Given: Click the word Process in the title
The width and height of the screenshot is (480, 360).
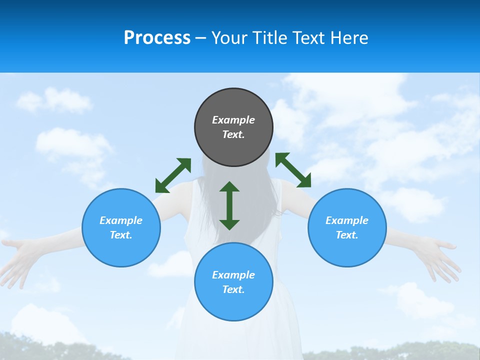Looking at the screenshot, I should pyautogui.click(x=157, y=38).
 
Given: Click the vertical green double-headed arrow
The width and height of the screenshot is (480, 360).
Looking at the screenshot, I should pyautogui.click(x=229, y=205).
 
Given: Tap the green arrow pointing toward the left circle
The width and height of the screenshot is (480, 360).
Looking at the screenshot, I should pyautogui.click(x=173, y=175).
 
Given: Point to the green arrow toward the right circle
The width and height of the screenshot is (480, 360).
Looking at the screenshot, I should pyautogui.click(x=293, y=170).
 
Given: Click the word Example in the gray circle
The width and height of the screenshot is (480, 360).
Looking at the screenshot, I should pyautogui.click(x=233, y=120).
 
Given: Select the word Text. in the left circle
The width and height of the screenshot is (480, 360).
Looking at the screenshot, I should pyautogui.click(x=121, y=235).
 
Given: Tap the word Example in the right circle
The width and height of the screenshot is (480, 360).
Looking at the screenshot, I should pyautogui.click(x=347, y=220).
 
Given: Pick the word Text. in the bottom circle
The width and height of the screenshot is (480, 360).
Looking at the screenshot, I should pyautogui.click(x=233, y=289).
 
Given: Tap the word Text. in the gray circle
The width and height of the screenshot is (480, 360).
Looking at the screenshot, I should pyautogui.click(x=233, y=134).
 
